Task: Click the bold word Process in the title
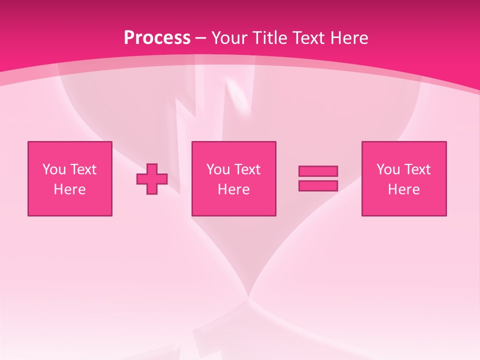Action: pyautogui.click(x=157, y=38)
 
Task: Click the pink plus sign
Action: pyautogui.click(x=152, y=179)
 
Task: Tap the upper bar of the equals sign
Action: pyautogui.click(x=318, y=171)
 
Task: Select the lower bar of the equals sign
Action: pyautogui.click(x=318, y=186)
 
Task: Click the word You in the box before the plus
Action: pyautogui.click(x=54, y=169)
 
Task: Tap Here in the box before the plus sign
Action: pyautogui.click(x=69, y=189)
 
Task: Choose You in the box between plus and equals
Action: pyautogui.click(x=218, y=169)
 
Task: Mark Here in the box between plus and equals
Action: pyautogui.click(x=233, y=189)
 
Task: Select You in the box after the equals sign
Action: pyautogui.click(x=388, y=169)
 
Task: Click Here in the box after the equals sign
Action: pyautogui.click(x=403, y=189)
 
